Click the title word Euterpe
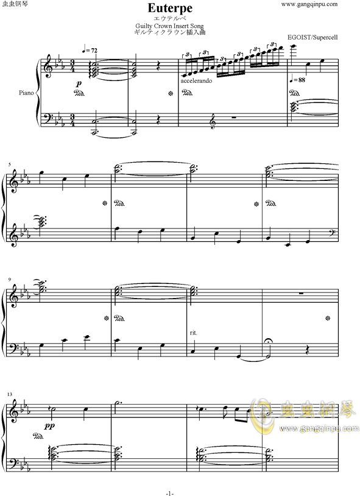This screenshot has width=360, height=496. (x=178, y=8)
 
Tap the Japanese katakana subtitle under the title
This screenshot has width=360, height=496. (x=178, y=18)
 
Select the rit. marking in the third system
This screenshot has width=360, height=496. (x=194, y=332)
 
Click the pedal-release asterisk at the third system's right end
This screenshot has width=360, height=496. (x=329, y=317)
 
